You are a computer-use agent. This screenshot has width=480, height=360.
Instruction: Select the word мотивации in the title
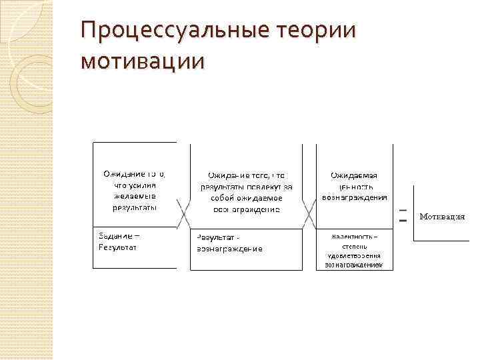(142, 61)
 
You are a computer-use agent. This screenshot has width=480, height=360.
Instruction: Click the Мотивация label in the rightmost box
(442, 217)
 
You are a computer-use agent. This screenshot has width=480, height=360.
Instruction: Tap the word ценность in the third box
(354, 186)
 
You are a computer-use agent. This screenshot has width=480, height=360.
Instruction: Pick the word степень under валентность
(354, 246)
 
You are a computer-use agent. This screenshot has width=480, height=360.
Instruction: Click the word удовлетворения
(354, 255)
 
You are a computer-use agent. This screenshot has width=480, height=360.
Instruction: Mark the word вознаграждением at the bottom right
(354, 265)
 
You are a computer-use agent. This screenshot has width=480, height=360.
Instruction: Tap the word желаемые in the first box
(134, 196)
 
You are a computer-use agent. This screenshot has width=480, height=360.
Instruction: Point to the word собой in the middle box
(223, 198)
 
